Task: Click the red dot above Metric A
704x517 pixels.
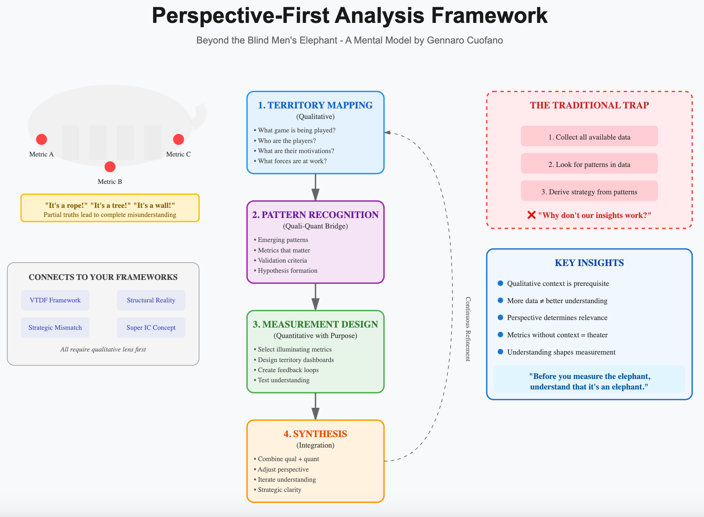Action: tap(42, 140)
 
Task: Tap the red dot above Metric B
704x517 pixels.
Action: tap(110, 167)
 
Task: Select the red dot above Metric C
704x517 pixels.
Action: tap(178, 140)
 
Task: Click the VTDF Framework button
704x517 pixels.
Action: tap(55, 300)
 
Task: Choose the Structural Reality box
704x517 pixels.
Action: tap(151, 300)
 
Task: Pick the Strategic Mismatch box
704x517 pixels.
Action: tap(55, 328)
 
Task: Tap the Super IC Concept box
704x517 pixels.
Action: tap(151, 328)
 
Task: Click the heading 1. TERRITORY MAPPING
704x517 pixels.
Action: tap(315, 105)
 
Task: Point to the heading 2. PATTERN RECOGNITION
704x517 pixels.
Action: tap(315, 215)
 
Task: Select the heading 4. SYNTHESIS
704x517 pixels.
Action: tap(315, 434)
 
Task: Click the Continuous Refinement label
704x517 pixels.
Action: tap(468, 329)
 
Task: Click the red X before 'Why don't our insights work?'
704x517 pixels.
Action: tap(531, 215)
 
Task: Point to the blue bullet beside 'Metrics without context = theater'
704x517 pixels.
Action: tap(500, 335)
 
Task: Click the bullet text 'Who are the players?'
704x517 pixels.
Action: tap(287, 141)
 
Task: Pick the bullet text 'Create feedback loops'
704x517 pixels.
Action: tap(288, 370)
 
